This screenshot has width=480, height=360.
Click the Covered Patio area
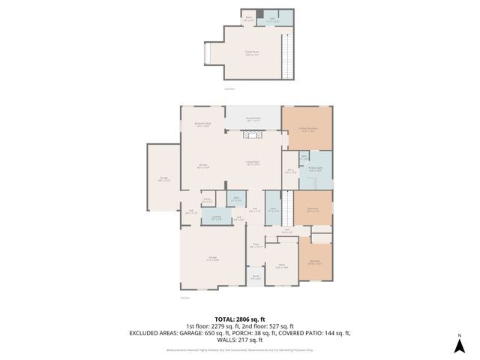(x=253, y=118)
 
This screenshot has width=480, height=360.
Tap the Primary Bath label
(x=316, y=169)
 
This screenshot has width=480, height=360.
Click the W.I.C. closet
(x=290, y=171)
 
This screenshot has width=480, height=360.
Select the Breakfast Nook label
(x=202, y=125)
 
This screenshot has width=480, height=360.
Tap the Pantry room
(x=207, y=201)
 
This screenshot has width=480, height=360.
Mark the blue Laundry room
(x=216, y=217)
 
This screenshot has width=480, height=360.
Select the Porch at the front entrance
(x=256, y=278)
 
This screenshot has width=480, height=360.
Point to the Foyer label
(x=256, y=245)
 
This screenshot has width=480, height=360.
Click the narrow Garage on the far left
(x=163, y=180)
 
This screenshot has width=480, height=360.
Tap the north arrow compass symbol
(x=459, y=345)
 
